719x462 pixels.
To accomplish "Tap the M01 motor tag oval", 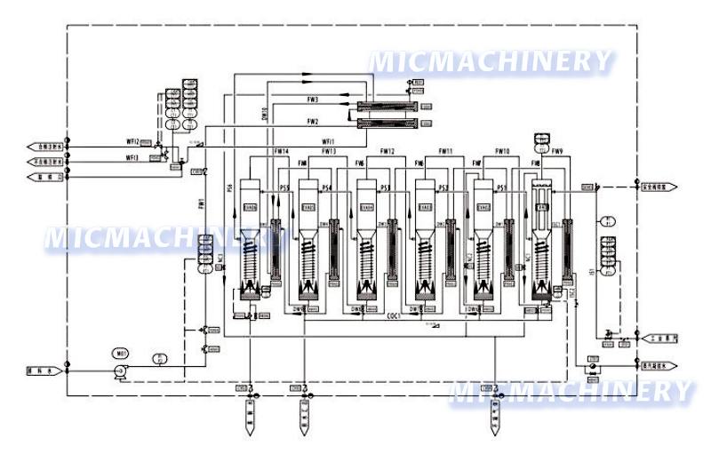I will (122, 353).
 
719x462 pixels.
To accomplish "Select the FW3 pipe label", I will (313, 100).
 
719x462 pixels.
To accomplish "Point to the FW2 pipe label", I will (313, 122).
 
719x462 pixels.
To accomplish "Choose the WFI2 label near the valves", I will (132, 139).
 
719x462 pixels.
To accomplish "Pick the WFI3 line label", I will (132, 157).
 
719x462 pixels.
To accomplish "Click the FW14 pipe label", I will (281, 152).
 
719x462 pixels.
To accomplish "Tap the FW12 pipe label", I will (387, 152).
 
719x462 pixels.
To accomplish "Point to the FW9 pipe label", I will (556, 152).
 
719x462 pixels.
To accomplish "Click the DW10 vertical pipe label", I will (264, 115).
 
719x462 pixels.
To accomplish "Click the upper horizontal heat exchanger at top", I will (386, 108).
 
